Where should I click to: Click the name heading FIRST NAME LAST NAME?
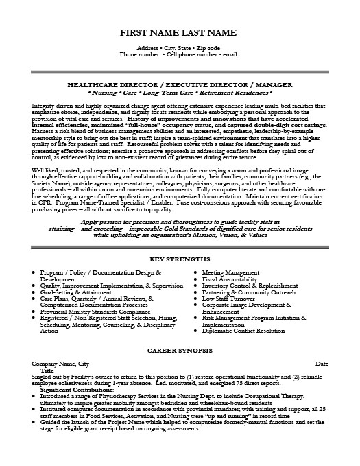point(180,33)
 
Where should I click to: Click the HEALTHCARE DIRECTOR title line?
point(180,81)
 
